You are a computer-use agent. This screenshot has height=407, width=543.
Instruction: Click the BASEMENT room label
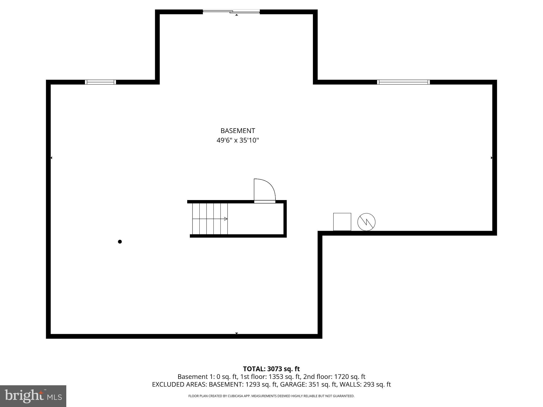(238, 131)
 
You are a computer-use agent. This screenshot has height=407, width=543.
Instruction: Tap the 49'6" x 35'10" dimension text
(238, 140)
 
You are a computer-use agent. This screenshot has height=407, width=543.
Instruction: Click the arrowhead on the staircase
(226, 219)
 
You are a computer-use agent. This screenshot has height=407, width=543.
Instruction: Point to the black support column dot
(120, 242)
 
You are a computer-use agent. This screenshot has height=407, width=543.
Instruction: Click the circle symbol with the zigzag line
(366, 222)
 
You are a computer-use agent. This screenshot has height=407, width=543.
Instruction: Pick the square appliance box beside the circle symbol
(342, 222)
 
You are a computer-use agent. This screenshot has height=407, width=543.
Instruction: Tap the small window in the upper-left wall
(100, 82)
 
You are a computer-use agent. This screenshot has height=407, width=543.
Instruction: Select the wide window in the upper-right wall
(403, 82)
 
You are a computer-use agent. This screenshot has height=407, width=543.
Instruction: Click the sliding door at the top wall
(231, 11)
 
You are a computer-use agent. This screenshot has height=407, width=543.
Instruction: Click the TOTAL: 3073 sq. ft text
(271, 369)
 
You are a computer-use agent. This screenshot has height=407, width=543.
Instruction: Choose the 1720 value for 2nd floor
(341, 377)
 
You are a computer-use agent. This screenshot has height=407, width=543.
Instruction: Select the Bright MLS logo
(33, 396)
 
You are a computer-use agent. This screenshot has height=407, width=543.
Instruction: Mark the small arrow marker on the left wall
(51, 158)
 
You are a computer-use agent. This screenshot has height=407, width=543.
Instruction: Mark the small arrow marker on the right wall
(492, 158)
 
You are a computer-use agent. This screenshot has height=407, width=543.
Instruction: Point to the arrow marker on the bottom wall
(237, 333)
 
